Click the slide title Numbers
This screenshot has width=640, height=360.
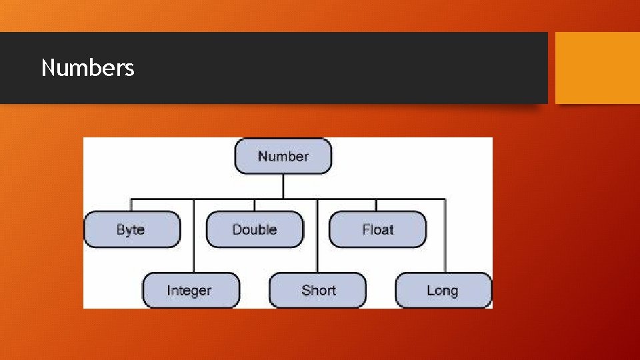87,68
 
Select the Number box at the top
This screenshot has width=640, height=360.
283,156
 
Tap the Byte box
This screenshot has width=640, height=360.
132,229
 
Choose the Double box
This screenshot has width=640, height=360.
255,229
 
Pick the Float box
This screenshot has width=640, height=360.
377,229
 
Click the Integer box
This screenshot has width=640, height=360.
191,290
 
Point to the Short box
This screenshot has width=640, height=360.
317,290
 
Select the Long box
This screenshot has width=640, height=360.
443,290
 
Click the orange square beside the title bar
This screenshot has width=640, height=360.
597,68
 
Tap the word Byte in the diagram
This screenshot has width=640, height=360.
131,229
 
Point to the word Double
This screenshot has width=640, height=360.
254,229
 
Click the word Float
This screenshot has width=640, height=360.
378,229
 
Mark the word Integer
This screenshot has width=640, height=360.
189,290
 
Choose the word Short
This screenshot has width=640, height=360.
319,290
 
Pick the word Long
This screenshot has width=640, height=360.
443,291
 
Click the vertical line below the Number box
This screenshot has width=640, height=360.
283,186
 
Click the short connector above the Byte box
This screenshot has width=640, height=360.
131,205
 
